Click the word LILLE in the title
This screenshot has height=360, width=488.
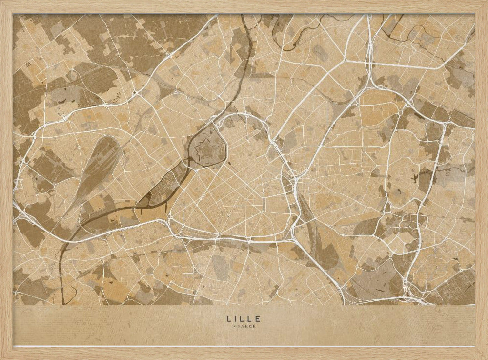[x=244, y=318]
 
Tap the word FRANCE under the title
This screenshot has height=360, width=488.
[x=244, y=326]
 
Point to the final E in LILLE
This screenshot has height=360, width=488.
[x=258, y=318]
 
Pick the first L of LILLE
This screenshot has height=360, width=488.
[x=229, y=318]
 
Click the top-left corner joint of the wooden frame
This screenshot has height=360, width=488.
[x=6, y=6]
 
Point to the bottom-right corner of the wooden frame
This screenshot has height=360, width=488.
[x=482, y=354]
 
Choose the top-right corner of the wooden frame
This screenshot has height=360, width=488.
[x=482, y=6]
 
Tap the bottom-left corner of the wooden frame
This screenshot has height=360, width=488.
[x=6, y=354]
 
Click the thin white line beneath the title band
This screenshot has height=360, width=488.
[x=244, y=346]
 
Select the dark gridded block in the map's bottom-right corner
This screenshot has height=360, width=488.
[x=459, y=288]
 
